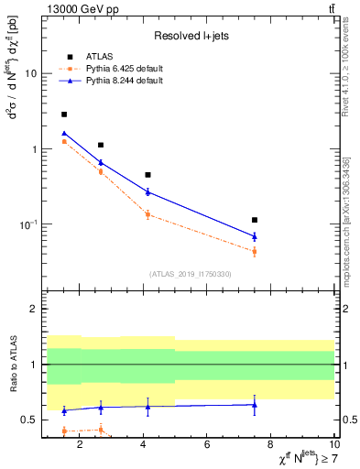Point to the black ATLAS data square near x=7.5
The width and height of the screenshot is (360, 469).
tap(255, 220)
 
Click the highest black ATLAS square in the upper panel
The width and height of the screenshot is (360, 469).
tap(63, 115)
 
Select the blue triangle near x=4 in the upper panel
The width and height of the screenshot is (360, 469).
tap(147, 191)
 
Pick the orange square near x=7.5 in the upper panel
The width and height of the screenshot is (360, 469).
tap(255, 251)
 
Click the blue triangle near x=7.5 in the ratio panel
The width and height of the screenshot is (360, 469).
tap(255, 404)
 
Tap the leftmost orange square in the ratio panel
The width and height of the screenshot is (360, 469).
tap(63, 431)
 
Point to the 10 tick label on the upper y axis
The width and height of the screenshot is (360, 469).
tap(30, 73)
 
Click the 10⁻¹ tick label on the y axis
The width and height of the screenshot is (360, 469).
tap(27, 224)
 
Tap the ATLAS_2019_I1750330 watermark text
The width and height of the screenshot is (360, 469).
tap(190, 274)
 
